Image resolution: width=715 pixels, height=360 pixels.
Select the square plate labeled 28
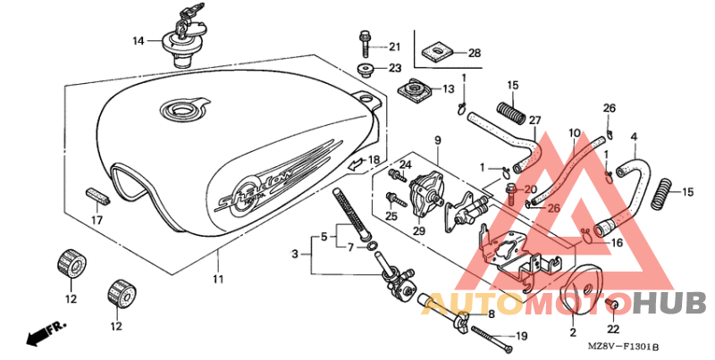(x=434, y=52)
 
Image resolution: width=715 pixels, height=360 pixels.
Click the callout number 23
(x=394, y=68)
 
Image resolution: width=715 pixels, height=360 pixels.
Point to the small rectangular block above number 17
(x=97, y=197)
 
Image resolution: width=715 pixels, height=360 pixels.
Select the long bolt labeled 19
(x=492, y=339)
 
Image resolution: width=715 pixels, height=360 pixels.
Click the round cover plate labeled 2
(x=582, y=289)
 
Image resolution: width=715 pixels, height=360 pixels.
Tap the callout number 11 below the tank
(x=218, y=279)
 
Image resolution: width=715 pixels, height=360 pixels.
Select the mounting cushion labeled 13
(x=414, y=89)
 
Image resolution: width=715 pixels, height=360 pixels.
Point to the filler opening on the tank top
(x=182, y=109)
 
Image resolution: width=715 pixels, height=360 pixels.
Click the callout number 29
(x=418, y=230)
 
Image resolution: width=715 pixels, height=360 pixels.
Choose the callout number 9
(x=437, y=140)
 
